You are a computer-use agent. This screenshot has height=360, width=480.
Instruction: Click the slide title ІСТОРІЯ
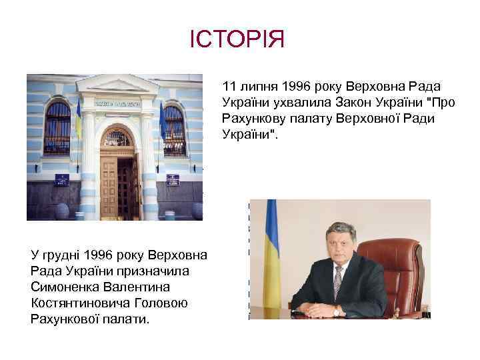(x=237, y=39)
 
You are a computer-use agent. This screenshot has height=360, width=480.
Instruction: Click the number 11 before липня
(x=229, y=86)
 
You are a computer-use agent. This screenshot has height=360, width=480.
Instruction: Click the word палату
(x=306, y=118)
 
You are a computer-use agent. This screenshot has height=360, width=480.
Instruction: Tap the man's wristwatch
(x=337, y=311)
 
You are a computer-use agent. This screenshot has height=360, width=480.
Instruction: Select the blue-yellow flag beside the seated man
(x=272, y=247)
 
